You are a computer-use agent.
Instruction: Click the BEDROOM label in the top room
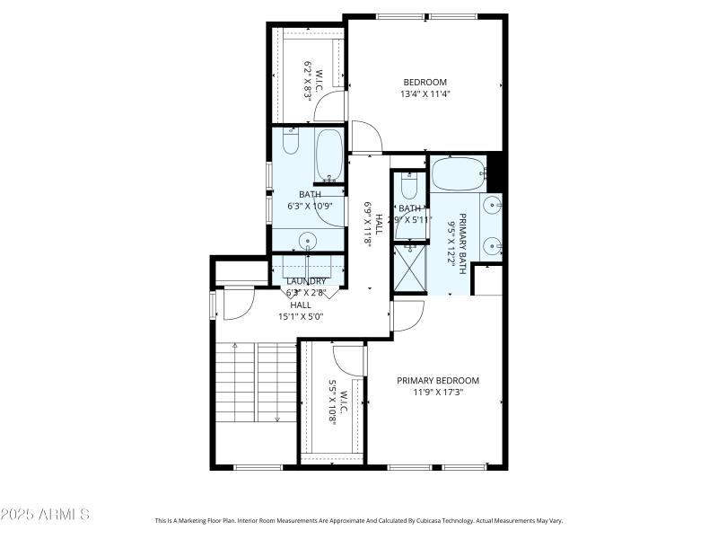425,82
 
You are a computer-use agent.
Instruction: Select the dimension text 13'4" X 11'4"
425,93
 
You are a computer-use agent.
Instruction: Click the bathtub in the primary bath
459,174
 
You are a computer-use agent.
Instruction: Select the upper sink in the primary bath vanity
492,206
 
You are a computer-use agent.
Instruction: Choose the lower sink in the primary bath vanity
492,244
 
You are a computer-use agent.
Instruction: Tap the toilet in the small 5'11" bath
409,188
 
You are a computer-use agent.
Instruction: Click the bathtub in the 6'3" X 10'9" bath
329,155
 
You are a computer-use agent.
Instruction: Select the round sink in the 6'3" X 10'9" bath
308,240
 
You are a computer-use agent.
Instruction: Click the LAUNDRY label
306,281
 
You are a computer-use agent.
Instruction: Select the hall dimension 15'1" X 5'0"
301,316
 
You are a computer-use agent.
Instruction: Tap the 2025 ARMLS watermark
45,515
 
